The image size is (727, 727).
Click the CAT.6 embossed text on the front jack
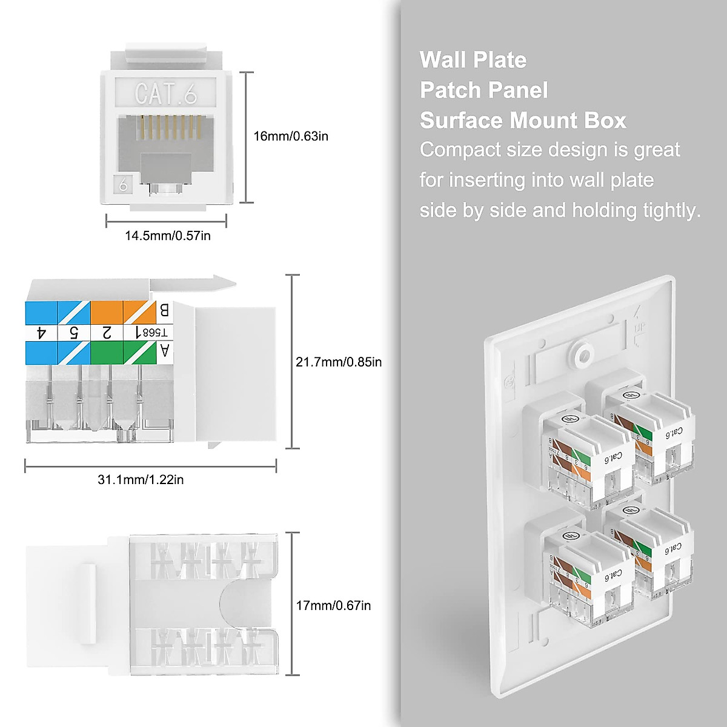165,94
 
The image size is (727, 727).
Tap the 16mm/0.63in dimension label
290,136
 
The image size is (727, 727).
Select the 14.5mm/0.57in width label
168,236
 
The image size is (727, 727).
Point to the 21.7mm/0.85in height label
339,362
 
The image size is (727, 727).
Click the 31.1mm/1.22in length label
141,480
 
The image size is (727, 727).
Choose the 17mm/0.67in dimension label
333,605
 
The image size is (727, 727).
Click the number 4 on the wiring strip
41,333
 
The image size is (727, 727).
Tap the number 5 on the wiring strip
74,333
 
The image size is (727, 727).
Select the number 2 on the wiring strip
107,333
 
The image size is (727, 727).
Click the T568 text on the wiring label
159,333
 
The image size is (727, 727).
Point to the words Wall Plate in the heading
473,60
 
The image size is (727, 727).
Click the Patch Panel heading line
483,90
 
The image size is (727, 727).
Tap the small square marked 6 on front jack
124,185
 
